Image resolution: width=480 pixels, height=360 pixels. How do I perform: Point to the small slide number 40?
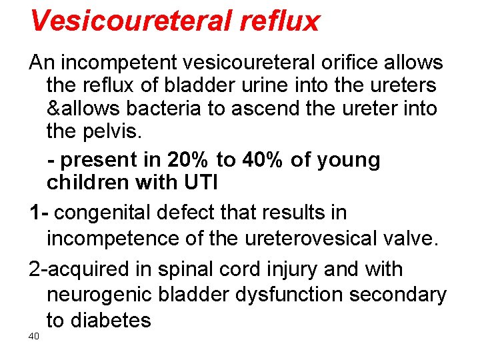34,336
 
